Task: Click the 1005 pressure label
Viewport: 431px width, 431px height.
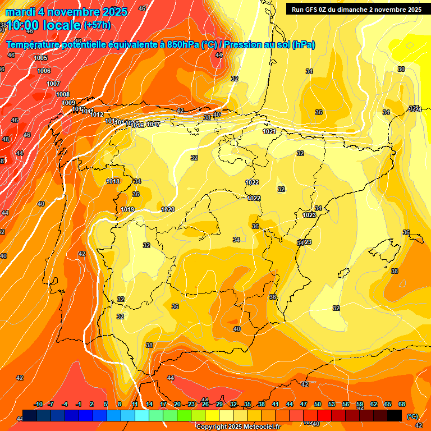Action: click(x=40, y=58)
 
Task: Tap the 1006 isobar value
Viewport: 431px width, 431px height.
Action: click(x=44, y=71)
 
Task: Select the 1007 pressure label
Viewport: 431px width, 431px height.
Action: click(x=53, y=84)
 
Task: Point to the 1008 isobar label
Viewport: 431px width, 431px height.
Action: click(x=63, y=94)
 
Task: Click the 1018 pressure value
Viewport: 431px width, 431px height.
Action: click(x=113, y=181)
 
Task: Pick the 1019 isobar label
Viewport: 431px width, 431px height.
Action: click(x=127, y=209)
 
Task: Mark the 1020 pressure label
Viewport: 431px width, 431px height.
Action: click(x=168, y=209)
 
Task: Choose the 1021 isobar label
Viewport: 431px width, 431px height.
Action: click(x=269, y=131)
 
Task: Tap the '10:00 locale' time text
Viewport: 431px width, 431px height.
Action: click(x=43, y=25)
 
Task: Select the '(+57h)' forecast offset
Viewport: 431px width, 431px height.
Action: click(x=97, y=25)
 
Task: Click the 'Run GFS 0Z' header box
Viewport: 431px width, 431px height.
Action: click(x=356, y=9)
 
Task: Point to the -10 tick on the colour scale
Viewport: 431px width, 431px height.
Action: click(x=39, y=405)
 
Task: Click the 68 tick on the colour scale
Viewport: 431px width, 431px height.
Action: click(x=402, y=405)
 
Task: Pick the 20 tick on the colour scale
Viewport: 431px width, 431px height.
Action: click(x=177, y=405)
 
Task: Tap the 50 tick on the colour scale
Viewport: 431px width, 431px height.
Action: click(x=318, y=405)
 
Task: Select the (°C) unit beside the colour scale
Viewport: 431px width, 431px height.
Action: click(x=412, y=416)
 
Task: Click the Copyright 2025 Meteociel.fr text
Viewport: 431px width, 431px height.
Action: click(x=239, y=427)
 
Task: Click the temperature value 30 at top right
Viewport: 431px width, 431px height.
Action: click(x=401, y=69)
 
